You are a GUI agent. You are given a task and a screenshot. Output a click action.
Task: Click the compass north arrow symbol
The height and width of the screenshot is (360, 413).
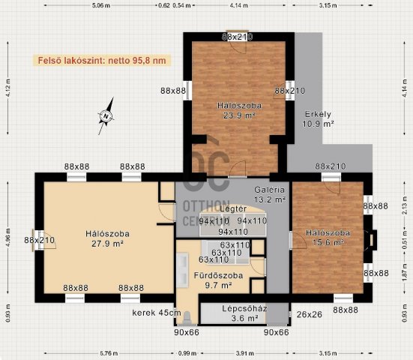(106, 115)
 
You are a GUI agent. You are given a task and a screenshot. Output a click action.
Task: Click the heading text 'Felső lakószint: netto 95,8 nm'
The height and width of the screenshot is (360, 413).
(101, 60)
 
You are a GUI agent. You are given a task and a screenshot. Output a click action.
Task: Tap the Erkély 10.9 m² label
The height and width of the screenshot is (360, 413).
(319, 119)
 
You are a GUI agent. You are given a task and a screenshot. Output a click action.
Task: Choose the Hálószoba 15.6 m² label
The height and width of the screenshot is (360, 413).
(325, 238)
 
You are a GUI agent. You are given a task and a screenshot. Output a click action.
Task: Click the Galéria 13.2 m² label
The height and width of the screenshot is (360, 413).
(269, 195)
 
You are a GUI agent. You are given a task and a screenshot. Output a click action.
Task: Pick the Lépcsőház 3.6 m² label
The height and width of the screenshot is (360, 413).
(241, 313)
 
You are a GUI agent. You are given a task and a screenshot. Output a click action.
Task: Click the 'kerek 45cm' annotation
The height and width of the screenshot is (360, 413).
(156, 313)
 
